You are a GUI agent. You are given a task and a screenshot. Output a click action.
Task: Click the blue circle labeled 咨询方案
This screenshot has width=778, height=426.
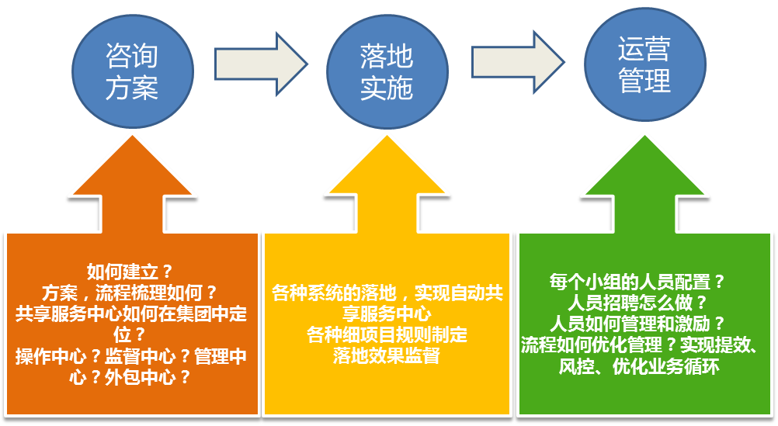tap(133, 72)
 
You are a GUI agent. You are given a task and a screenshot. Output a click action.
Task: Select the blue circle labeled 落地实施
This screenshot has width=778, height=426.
tap(387, 72)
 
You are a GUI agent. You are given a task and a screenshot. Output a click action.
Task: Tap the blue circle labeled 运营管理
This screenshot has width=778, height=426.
tap(644, 64)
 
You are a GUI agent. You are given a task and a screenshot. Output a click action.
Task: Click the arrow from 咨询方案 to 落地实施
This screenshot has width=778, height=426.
tap(261, 64)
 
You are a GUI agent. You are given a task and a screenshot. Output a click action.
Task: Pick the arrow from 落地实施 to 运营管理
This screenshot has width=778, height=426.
tap(518, 62)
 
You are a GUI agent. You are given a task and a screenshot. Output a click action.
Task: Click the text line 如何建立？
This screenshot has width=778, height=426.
tap(130, 272)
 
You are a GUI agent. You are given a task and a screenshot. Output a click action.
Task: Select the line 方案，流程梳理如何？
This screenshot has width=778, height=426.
tap(130, 293)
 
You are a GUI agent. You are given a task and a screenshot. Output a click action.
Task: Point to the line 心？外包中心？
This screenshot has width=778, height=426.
tap(130, 377)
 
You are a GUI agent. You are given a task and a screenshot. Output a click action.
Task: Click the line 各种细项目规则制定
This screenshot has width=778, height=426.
tap(387, 334)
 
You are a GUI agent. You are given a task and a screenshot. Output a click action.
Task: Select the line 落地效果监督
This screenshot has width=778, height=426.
tap(387, 355)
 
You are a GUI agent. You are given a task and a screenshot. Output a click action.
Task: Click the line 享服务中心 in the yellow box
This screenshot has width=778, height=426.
tap(387, 314)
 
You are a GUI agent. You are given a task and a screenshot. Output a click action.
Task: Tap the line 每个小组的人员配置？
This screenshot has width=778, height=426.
tap(637, 282)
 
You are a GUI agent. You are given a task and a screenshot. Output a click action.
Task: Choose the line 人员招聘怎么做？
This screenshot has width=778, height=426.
tap(637, 303)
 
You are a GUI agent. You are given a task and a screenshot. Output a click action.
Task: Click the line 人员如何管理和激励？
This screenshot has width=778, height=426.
tap(637, 324)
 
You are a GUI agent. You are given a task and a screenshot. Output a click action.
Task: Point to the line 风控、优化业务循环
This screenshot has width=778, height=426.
tap(639, 366)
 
